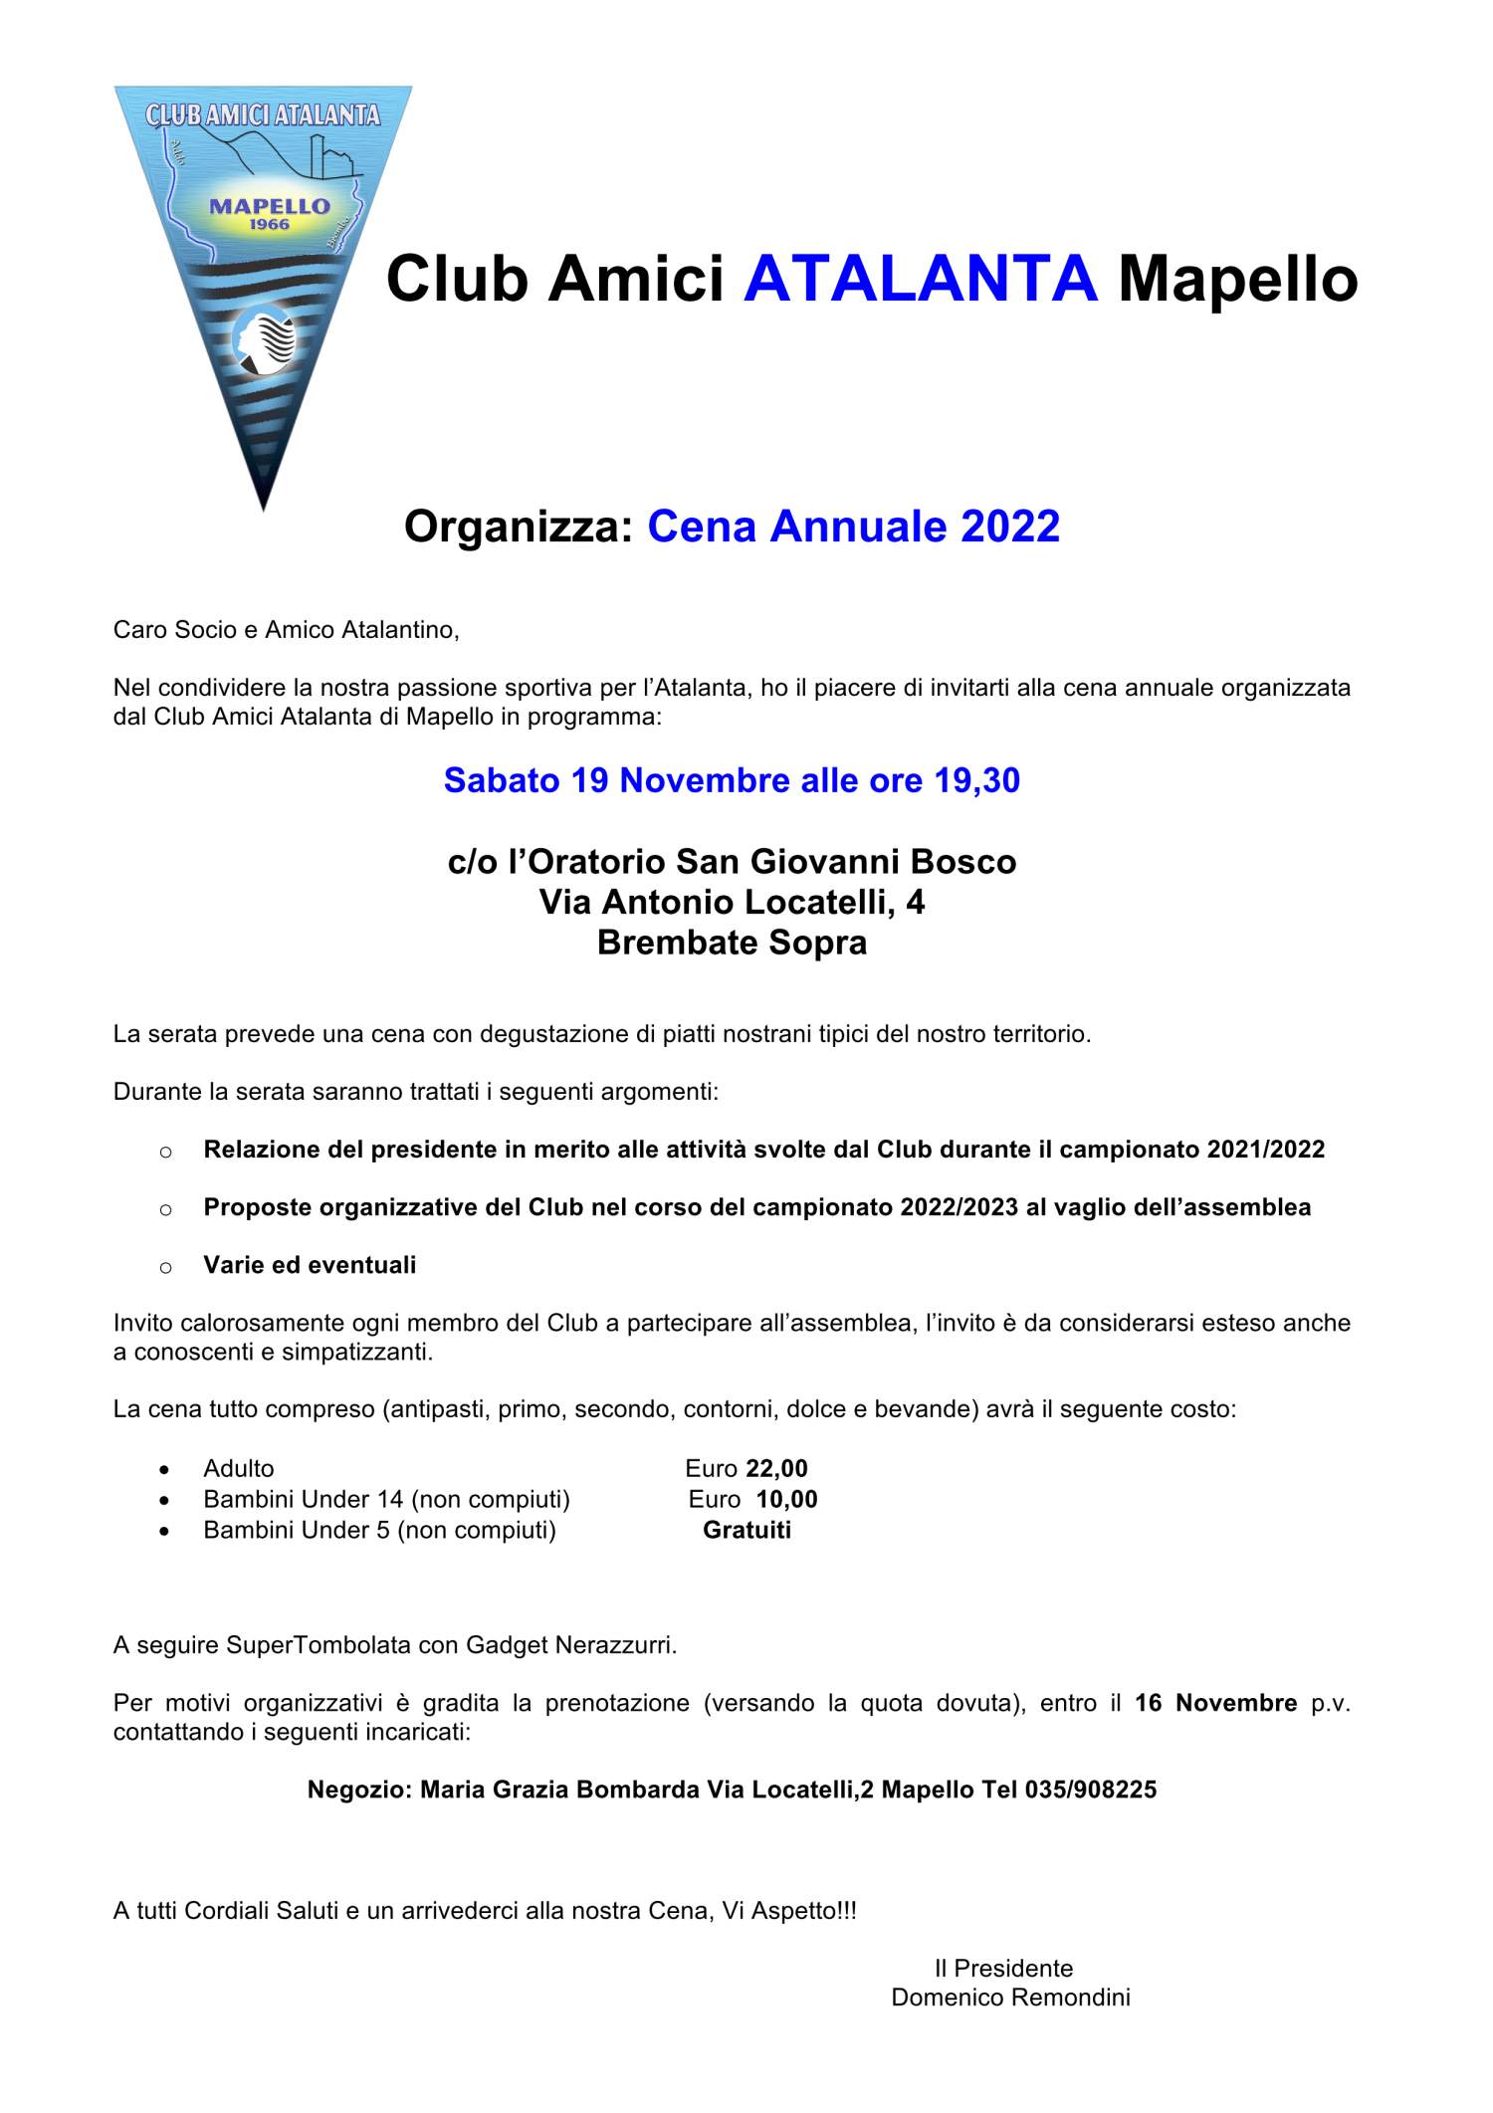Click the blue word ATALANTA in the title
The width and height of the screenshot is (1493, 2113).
click(920, 279)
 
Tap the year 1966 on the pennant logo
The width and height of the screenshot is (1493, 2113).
click(270, 225)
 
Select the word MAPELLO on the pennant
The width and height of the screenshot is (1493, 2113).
click(270, 206)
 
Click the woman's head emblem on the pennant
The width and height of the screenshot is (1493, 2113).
click(265, 341)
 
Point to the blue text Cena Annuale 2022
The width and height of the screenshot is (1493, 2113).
click(853, 526)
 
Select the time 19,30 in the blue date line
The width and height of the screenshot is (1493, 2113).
click(976, 780)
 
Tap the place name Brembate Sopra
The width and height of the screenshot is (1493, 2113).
click(732, 943)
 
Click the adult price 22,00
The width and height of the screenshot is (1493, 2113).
click(776, 1468)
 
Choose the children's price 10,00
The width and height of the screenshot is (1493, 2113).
click(786, 1499)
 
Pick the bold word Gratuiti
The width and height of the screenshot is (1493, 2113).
click(746, 1530)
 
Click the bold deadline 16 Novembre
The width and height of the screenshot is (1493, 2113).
click(1215, 1703)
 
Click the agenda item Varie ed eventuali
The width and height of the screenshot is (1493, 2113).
click(310, 1265)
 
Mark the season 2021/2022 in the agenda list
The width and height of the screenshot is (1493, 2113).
click(1265, 1150)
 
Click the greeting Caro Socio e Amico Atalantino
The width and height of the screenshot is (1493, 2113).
click(286, 630)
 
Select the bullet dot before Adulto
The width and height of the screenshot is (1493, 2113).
click(165, 1470)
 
